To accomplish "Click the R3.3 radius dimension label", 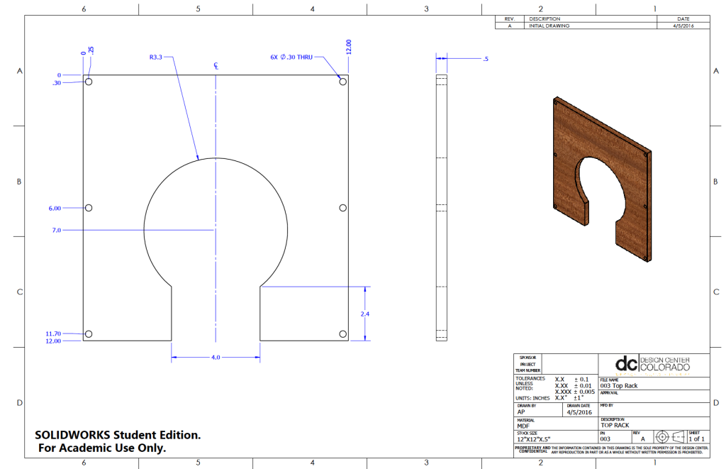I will click(x=156, y=57).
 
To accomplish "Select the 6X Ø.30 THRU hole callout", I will click(x=291, y=57).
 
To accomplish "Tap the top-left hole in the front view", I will click(x=89, y=82).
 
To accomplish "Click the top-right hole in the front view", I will click(x=342, y=82).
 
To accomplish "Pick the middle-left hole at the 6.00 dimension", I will click(x=89, y=208).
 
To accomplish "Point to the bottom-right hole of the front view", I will click(x=342, y=333).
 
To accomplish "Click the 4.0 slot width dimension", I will click(x=216, y=358).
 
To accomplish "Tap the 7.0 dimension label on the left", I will click(x=56, y=230).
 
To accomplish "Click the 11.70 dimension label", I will click(x=52, y=333).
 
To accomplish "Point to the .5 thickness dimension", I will click(x=485, y=59).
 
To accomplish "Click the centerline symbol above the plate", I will click(x=216, y=65).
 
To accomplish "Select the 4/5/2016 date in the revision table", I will click(x=683, y=26).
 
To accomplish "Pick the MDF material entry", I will click(x=523, y=426).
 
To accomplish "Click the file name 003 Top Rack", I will click(x=619, y=385).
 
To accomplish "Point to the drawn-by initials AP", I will click(x=521, y=412).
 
